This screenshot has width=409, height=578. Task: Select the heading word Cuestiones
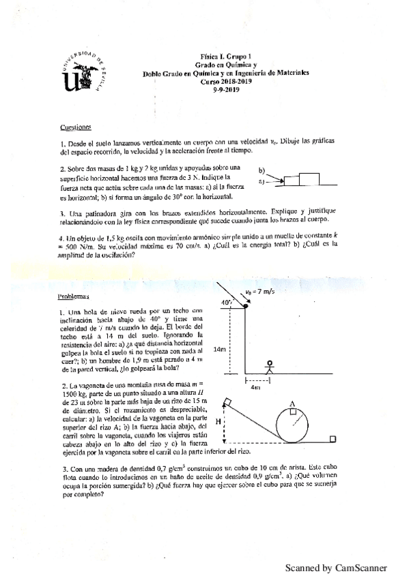75,126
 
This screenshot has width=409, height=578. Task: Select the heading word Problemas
74,298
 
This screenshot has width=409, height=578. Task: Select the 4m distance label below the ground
256,387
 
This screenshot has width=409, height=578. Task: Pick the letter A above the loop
292,404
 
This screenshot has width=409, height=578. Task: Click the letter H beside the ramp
218,422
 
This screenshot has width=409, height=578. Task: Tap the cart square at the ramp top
228,400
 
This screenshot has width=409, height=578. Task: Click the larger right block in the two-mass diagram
308,180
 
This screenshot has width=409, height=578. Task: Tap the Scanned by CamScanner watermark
335,567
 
